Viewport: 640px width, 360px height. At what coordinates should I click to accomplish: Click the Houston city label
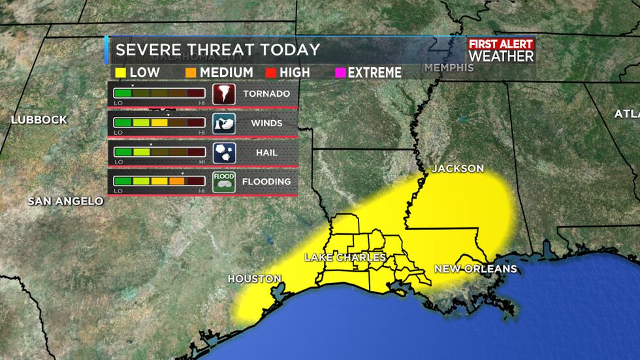pos(254,279)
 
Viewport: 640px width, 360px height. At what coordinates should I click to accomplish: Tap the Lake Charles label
pos(345,257)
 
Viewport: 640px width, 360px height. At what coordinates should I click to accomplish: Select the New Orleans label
pos(475,269)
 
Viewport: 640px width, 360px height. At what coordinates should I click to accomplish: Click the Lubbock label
pos(39,120)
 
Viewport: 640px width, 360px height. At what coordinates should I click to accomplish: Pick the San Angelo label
pos(65,201)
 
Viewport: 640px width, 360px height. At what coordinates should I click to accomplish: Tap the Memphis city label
pos(449,68)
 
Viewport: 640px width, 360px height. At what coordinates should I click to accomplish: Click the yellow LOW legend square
pos(120,72)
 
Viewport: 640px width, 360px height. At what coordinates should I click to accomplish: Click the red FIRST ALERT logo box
pos(501,44)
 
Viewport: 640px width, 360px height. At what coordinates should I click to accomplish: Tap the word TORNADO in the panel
pos(266,93)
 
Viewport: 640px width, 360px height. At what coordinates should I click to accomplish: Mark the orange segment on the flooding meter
pos(177,181)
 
